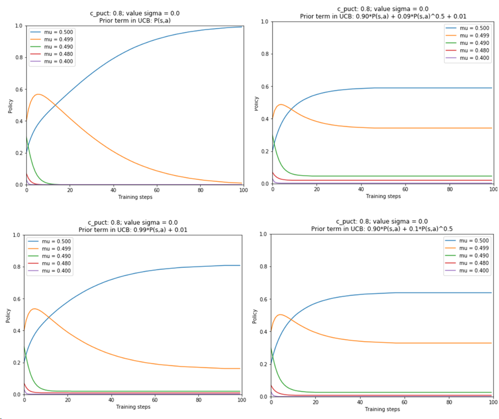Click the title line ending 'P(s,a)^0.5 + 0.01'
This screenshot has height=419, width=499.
click(x=383, y=16)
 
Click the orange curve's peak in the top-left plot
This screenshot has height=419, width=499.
click(x=37, y=94)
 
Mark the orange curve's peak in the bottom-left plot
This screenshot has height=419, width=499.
click(x=35, y=309)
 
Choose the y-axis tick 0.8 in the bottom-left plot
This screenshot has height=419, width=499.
click(x=16, y=267)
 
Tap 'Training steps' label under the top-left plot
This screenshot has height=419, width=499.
click(x=135, y=197)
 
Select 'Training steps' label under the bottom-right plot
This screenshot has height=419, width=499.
click(x=382, y=409)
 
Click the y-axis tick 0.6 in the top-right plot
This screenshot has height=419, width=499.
click(x=265, y=87)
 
